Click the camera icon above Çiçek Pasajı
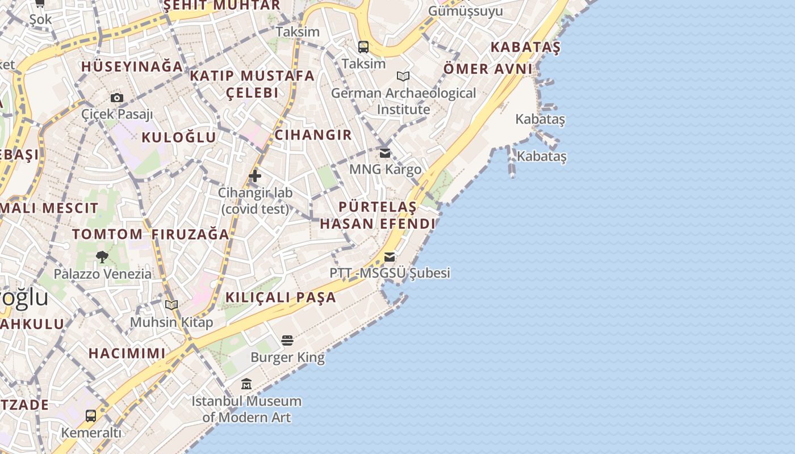[117, 98]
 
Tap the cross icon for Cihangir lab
[255, 176]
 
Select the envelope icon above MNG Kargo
[385, 153]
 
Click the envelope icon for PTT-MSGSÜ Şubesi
[390, 257]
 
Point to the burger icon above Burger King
[287, 340]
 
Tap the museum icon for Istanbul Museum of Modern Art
[246, 384]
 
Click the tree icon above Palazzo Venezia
[102, 257]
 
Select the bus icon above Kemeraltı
[91, 416]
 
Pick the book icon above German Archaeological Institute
[403, 76]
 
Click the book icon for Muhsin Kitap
[171, 305]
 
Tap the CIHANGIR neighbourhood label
[313, 135]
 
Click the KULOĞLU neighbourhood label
[179, 137]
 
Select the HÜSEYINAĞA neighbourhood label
[132, 66]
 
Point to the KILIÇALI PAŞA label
[281, 297]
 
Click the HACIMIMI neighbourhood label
[127, 353]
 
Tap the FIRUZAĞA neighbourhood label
[190, 234]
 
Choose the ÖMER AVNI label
[488, 69]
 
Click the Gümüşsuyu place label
[466, 11]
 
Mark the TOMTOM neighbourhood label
[107, 234]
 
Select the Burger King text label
[287, 358]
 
